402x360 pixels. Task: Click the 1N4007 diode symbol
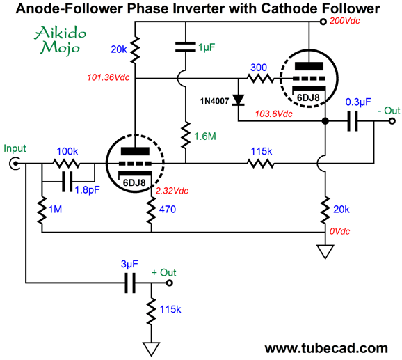click(x=238, y=100)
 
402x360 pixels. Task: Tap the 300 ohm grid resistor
click(x=261, y=78)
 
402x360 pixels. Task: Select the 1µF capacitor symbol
click(x=186, y=47)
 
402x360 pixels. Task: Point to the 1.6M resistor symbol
click(x=186, y=135)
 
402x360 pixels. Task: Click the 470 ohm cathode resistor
click(x=151, y=210)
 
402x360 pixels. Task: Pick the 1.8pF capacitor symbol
click(x=67, y=182)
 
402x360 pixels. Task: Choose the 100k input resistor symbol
click(x=66, y=164)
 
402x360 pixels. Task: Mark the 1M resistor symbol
click(x=42, y=210)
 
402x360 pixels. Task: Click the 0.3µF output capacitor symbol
click(x=352, y=121)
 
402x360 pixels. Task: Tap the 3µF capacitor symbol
click(x=130, y=283)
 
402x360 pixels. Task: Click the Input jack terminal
click(x=15, y=164)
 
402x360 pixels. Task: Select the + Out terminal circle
click(x=169, y=283)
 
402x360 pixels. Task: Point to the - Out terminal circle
click(x=392, y=121)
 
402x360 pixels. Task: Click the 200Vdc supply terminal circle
click(x=323, y=22)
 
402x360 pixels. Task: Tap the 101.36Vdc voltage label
click(x=108, y=77)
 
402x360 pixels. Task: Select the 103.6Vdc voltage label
click(x=273, y=114)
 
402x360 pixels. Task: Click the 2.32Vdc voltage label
click(x=172, y=191)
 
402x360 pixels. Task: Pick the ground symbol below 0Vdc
click(x=325, y=251)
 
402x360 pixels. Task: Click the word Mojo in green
click(x=61, y=47)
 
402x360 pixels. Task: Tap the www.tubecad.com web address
click(x=326, y=348)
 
